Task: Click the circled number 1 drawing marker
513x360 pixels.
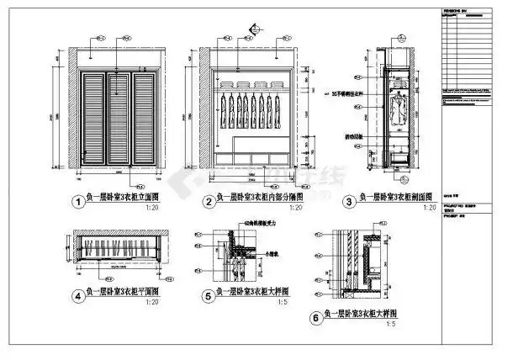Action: (x=78, y=202)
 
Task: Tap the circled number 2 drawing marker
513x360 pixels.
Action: (x=205, y=202)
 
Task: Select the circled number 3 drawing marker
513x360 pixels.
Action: (x=347, y=202)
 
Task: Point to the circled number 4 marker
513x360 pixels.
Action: (x=78, y=296)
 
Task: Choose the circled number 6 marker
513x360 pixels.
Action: (x=315, y=318)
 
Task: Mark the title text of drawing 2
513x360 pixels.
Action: (x=250, y=200)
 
